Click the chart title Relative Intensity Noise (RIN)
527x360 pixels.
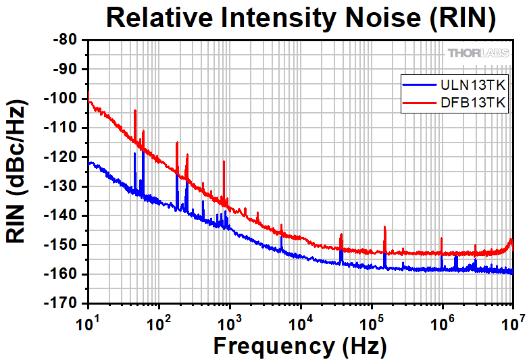[x=301, y=18]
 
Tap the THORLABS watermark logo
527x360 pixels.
[x=477, y=53]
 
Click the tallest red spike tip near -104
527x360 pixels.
[x=135, y=111]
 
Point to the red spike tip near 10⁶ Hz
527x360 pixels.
[x=441, y=238]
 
